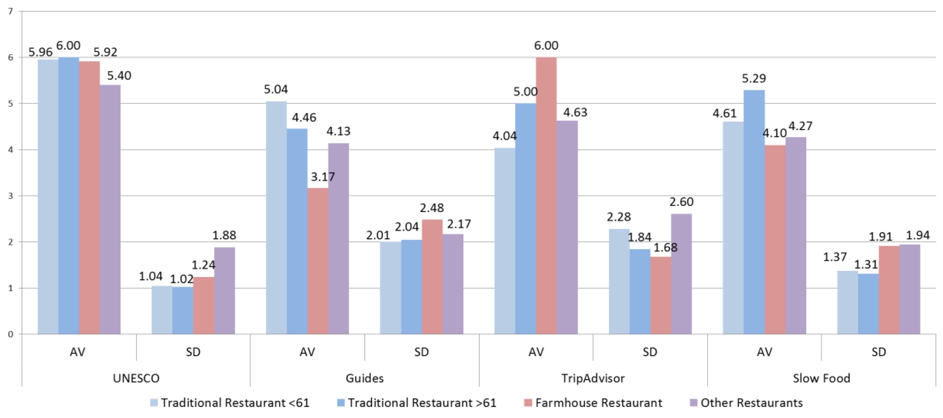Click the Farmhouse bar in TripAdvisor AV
546,196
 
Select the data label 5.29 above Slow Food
754,78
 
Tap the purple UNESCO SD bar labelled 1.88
224,290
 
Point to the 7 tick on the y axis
10,11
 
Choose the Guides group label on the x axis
365,378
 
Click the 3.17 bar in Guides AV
318,261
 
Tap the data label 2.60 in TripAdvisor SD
681,202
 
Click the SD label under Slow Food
879,352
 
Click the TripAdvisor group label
593,378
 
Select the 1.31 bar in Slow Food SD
868,304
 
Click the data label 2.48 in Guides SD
432,208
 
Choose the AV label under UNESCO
78,352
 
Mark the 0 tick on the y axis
10,334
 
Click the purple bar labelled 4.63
567,227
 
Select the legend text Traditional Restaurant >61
422,403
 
